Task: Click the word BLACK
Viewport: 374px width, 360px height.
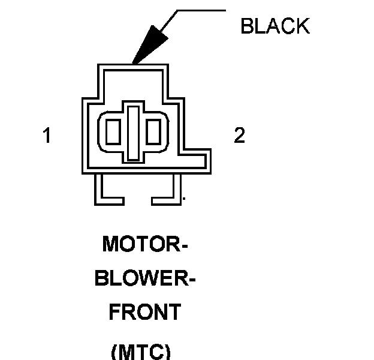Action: pos(275,26)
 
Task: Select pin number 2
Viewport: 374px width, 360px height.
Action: pos(239,136)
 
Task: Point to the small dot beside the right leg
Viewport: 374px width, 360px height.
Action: pos(183,197)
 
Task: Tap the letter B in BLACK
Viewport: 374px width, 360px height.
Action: pos(246,26)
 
